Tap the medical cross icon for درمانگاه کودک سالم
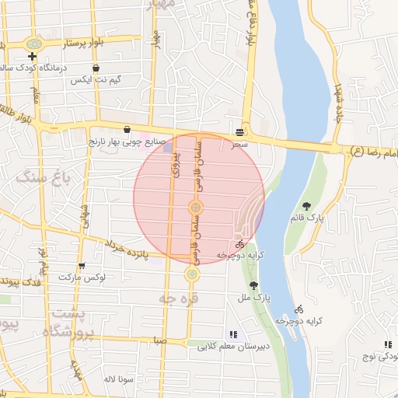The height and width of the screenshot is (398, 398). [32, 57]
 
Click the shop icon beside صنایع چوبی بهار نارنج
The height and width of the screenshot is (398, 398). [127, 129]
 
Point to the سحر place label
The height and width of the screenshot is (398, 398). [239, 145]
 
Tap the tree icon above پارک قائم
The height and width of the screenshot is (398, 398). [309, 207]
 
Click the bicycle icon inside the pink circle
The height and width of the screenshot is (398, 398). [239, 243]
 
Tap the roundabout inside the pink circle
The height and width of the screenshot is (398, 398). [196, 207]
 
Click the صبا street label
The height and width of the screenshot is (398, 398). [161, 340]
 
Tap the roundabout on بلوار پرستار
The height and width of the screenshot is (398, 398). [33, 44]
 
